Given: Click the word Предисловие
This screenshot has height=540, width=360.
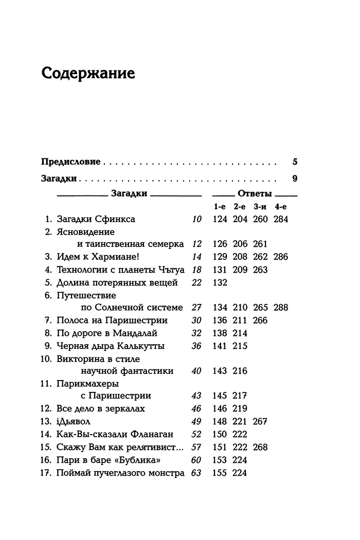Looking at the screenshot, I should coord(70,161).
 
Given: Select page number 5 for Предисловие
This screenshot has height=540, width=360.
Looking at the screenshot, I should coord(295,161).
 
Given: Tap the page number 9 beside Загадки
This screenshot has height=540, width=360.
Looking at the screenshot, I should coord(295,179).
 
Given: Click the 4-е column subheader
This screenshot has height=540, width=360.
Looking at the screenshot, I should coord(281,206).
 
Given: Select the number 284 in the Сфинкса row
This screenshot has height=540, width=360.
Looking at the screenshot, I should coord(281,219).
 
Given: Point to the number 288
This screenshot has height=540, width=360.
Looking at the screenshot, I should coord(281,308).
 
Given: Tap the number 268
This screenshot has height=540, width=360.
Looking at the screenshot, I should coord(260,447).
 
